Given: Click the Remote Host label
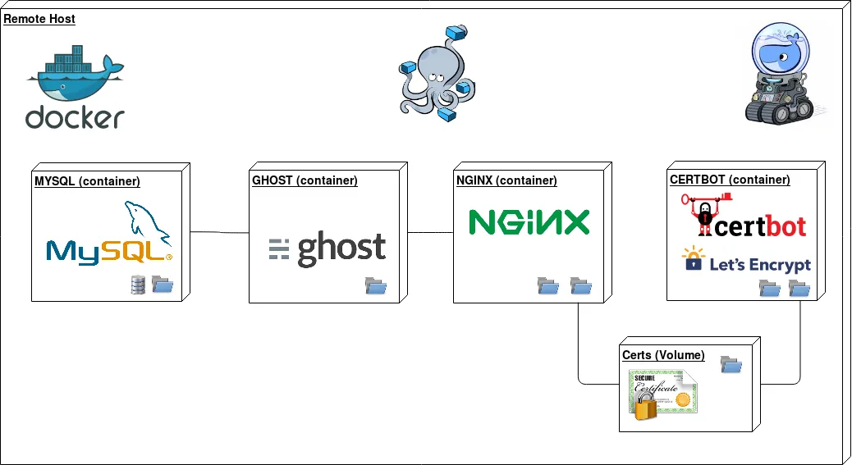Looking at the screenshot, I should [x=39, y=19].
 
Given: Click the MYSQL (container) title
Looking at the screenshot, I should [x=87, y=181].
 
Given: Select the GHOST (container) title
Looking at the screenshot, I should [x=305, y=180].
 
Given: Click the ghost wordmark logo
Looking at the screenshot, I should [x=328, y=248].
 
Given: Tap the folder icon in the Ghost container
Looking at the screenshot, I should [x=376, y=286].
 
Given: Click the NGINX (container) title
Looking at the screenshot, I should [x=506, y=180].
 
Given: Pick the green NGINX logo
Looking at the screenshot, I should [x=529, y=222].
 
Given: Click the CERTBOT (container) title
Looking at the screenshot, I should [x=730, y=180].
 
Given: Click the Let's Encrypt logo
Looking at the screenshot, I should [x=746, y=262].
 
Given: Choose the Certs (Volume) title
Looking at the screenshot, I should [x=663, y=355].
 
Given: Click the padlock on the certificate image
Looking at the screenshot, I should [x=646, y=407].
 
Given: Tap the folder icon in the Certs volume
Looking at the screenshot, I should [x=731, y=364].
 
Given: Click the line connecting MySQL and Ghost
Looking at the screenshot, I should [x=219, y=232].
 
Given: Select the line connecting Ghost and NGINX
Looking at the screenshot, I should [x=430, y=233].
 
